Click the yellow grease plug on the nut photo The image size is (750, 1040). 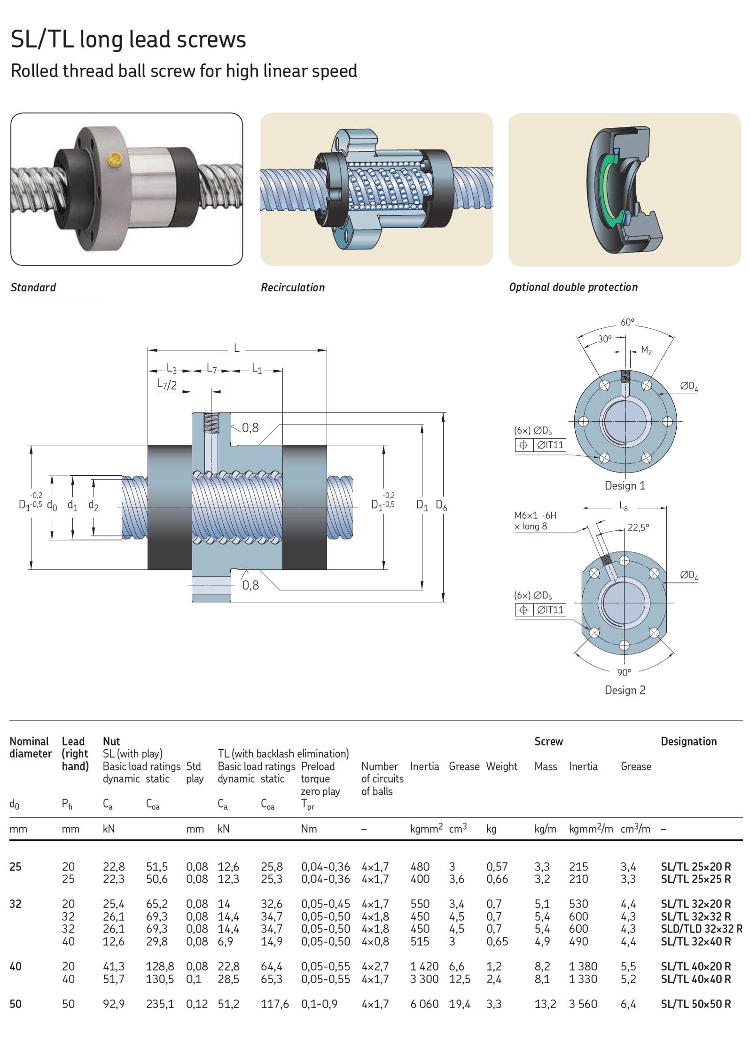tap(114, 160)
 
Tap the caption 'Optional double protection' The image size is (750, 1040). tap(573, 287)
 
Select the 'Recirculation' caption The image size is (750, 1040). tap(293, 287)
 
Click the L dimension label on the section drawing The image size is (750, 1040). tap(237, 348)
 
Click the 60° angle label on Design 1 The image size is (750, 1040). tap(627, 322)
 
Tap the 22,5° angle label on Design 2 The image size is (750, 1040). tap(638, 528)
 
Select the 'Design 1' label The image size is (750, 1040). tap(625, 486)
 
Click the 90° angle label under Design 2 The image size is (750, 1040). tap(624, 672)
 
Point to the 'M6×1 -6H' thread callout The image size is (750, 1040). tap(535, 515)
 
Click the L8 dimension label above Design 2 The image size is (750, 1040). tap(624, 506)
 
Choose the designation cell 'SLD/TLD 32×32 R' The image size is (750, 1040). tap(701, 929)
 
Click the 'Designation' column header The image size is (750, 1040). tap(688, 741)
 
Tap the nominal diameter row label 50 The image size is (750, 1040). tap(16, 1004)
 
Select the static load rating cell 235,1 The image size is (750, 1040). tap(160, 1004)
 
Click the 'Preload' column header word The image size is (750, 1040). tap(318, 766)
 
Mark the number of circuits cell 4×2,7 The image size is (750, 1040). tap(375, 966)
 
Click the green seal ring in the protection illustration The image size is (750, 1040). tap(606, 188)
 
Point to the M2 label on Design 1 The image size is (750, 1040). tap(647, 350)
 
